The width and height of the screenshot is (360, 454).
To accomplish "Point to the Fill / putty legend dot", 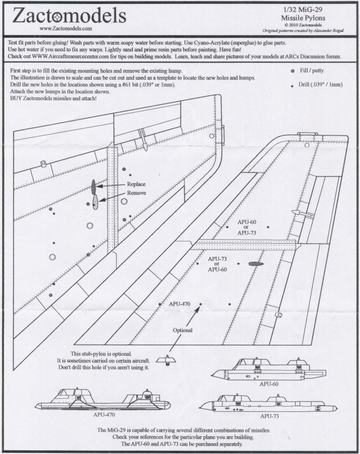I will [x=292, y=72].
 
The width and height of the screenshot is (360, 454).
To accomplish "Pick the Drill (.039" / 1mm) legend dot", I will [x=292, y=85].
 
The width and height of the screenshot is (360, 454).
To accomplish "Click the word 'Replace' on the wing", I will [x=137, y=185].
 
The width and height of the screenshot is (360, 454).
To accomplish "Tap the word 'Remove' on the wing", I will [x=137, y=193].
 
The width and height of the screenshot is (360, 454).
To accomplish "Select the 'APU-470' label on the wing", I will [x=179, y=304].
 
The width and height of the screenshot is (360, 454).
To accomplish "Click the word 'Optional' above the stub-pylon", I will [x=183, y=330].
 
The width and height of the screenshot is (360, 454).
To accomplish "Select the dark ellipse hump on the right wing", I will [x=255, y=264].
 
